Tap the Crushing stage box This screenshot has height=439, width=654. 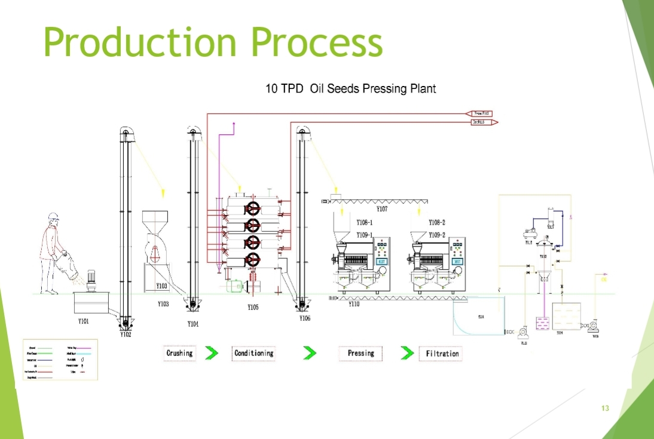point(179,354)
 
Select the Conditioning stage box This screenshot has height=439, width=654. point(253,354)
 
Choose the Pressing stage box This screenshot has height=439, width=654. point(360,354)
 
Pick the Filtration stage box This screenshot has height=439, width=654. point(442,354)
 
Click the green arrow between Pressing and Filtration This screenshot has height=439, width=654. point(407,354)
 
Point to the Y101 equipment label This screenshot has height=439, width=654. point(83,321)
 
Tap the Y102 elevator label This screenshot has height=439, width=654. point(125,335)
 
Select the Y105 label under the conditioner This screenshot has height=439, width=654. point(253,308)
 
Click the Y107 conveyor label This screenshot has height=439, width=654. point(382,210)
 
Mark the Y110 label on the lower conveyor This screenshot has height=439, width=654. point(354,304)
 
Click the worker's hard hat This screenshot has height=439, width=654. point(54,216)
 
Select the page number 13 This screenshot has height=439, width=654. point(605,409)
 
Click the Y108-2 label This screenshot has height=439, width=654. point(437,223)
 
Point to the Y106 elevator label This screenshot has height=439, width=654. point(305,318)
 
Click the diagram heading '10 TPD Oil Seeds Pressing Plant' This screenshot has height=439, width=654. point(350,89)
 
